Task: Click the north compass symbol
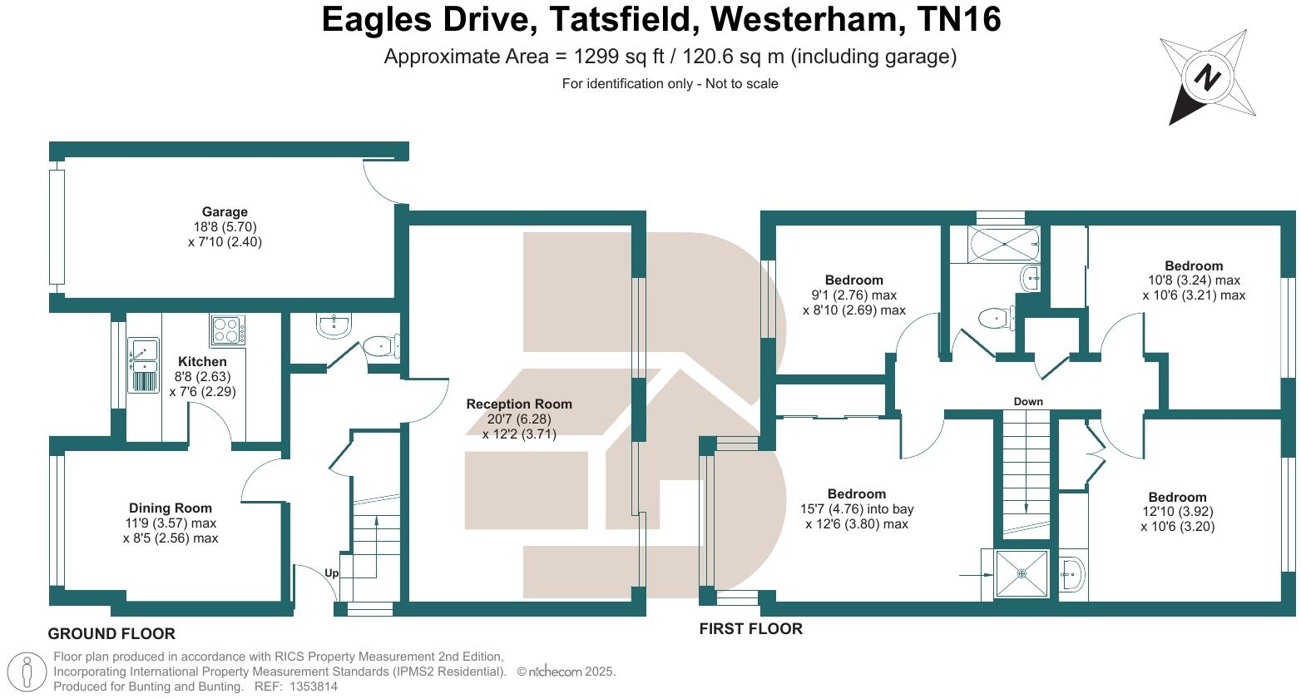coord(1208,77)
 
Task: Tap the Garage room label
coord(225,212)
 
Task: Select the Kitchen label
coord(202,362)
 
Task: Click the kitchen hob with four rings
coord(227,330)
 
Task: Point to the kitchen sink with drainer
coord(143,364)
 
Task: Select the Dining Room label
coord(170,508)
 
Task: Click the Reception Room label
coord(519,404)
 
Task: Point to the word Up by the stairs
coord(331,573)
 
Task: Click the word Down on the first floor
coord(1028,402)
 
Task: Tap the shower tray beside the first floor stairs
coord(1022,573)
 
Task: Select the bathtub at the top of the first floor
coord(1005,244)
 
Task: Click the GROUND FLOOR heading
coord(111,634)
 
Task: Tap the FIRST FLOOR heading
coord(750,629)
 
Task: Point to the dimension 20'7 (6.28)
coord(519,419)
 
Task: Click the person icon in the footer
coord(29,672)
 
